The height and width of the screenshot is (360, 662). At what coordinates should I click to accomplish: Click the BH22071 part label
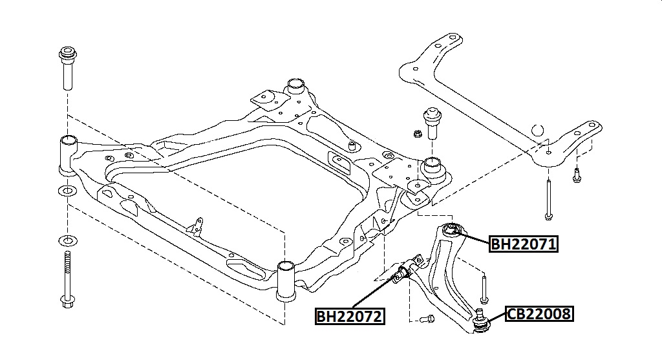point(524,244)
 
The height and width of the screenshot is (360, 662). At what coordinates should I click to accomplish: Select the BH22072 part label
point(350,317)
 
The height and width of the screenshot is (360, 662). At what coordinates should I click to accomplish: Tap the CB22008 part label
point(539,315)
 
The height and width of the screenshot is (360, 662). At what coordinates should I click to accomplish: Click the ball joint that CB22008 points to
point(481,321)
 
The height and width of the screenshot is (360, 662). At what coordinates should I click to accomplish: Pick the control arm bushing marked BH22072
point(403,273)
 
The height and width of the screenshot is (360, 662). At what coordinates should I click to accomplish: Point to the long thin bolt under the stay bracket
point(548,198)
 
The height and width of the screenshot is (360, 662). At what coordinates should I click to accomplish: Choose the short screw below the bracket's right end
point(575,174)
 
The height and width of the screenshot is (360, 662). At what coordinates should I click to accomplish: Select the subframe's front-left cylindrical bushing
point(69,153)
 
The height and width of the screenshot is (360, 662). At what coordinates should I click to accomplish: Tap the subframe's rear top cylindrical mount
point(296,87)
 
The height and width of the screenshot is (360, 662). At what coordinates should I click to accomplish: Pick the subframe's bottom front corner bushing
point(286,280)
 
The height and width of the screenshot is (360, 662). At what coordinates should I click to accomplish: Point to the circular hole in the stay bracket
point(537,129)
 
